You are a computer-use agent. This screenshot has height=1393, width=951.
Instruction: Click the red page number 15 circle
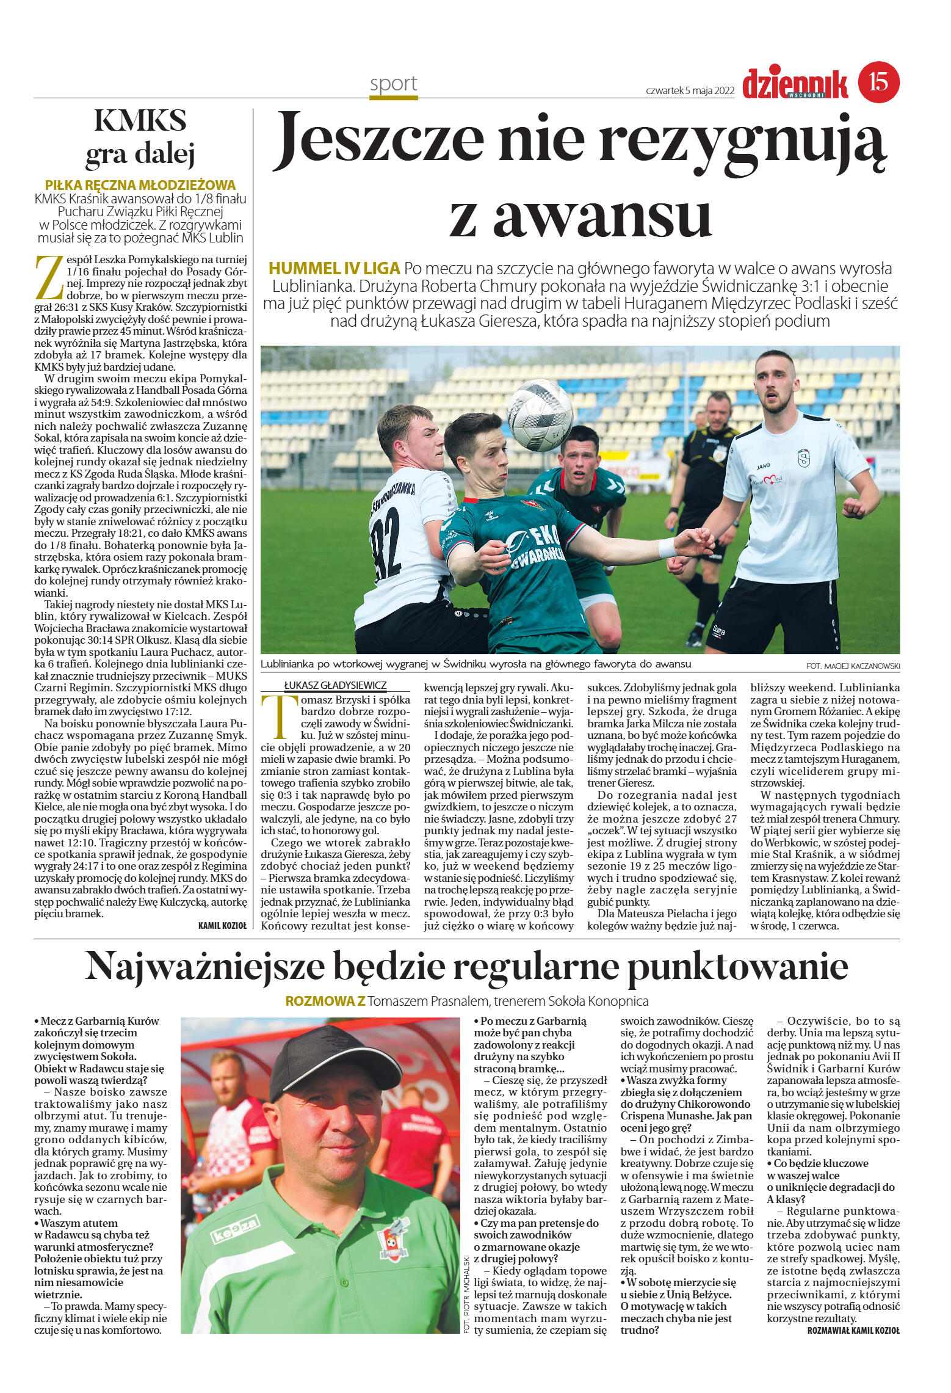click(878, 82)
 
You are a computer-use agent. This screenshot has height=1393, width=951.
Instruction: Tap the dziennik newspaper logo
click(795, 84)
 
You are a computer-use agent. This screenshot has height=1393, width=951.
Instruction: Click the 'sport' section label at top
click(393, 84)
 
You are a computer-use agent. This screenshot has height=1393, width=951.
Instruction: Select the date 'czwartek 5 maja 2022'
click(690, 90)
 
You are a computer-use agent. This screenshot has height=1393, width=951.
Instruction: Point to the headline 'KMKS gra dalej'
click(140, 137)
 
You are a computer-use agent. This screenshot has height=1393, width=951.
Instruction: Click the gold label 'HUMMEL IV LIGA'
click(334, 268)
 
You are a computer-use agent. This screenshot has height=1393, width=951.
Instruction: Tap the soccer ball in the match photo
click(540, 415)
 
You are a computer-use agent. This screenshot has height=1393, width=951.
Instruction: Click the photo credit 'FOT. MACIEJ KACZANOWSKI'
click(852, 666)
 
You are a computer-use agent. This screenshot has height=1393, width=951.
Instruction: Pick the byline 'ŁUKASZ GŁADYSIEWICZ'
click(335, 685)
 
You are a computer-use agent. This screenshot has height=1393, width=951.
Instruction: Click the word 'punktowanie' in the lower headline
click(738, 967)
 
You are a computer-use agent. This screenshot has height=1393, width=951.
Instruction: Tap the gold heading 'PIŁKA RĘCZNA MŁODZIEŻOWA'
click(140, 185)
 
